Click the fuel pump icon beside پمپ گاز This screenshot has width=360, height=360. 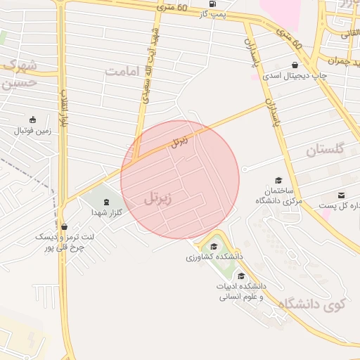point(212,4)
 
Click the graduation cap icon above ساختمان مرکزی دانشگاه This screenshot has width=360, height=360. point(278,181)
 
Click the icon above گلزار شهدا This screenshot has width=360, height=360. point(106,202)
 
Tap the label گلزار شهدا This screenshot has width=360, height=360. point(108,212)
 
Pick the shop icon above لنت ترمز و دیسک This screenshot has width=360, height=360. point(65,227)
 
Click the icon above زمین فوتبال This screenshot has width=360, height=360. point(32,120)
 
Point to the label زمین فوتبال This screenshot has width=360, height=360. point(33,130)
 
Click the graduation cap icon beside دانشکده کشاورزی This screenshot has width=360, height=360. point(213,246)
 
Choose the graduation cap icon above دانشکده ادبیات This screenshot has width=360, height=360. point(242,276)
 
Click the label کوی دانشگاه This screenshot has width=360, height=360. point(313,304)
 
